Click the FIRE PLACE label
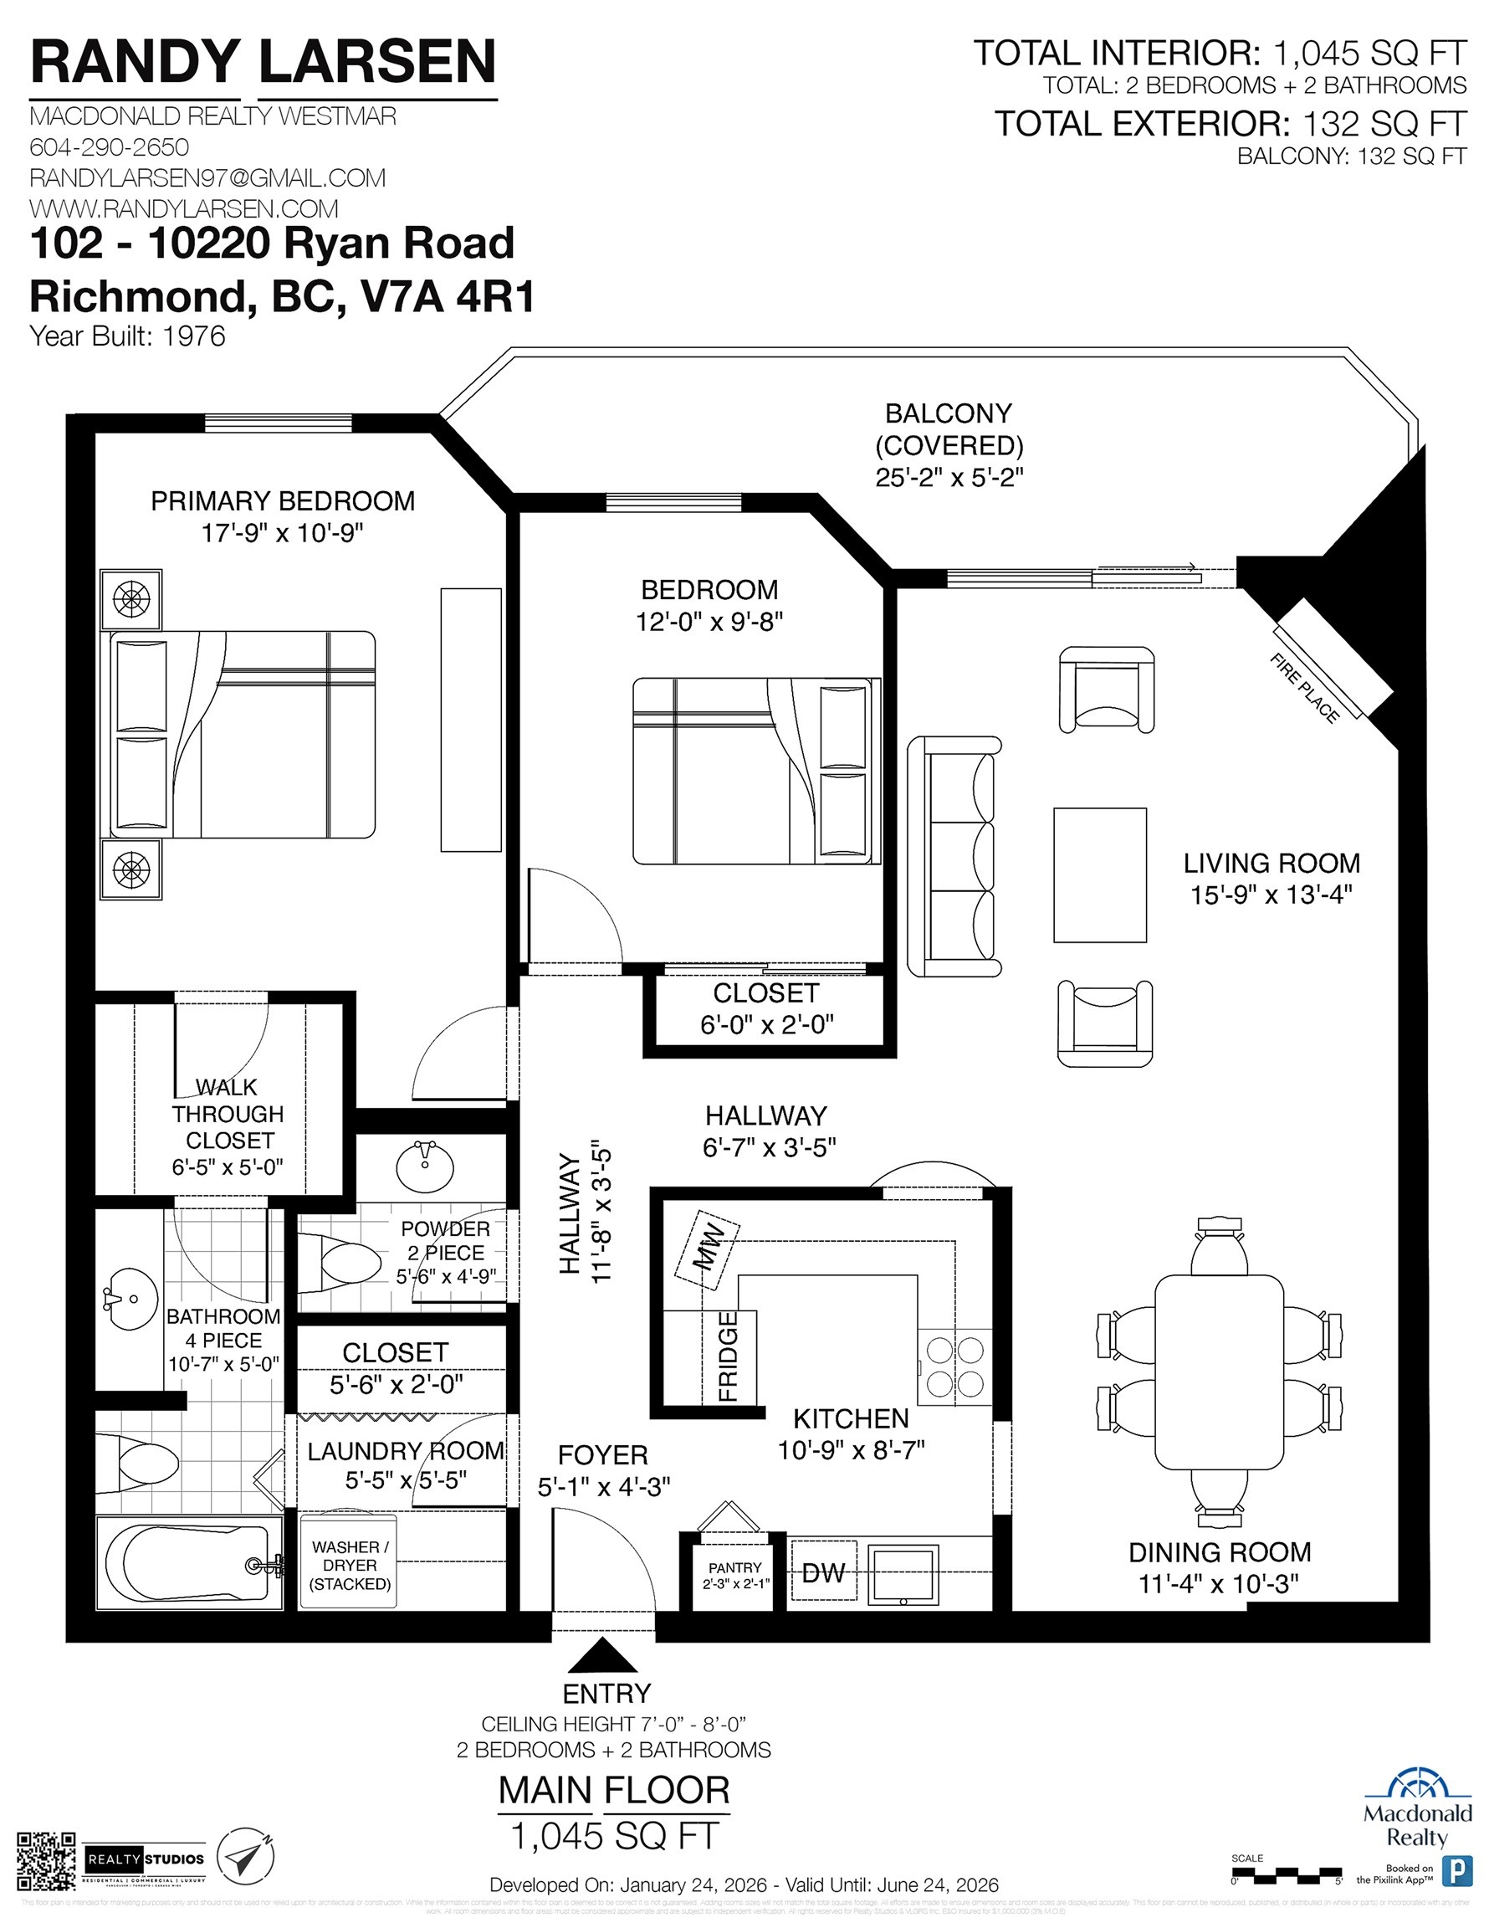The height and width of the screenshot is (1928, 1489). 1303,688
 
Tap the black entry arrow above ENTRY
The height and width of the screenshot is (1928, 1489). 603,1656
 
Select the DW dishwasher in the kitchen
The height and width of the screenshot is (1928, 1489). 823,1572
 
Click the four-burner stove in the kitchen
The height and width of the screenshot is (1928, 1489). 954,1366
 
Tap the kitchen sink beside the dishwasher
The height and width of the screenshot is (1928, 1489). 903,1575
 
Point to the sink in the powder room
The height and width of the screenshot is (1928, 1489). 425,1166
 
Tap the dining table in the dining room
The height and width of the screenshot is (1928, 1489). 1219,1371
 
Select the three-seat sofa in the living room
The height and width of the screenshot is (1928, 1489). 955,856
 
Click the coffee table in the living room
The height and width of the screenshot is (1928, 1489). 1100,874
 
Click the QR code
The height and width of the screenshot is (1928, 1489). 46,1861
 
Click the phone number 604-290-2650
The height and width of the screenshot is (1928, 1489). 110,146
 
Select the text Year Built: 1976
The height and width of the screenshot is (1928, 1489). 127,336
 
